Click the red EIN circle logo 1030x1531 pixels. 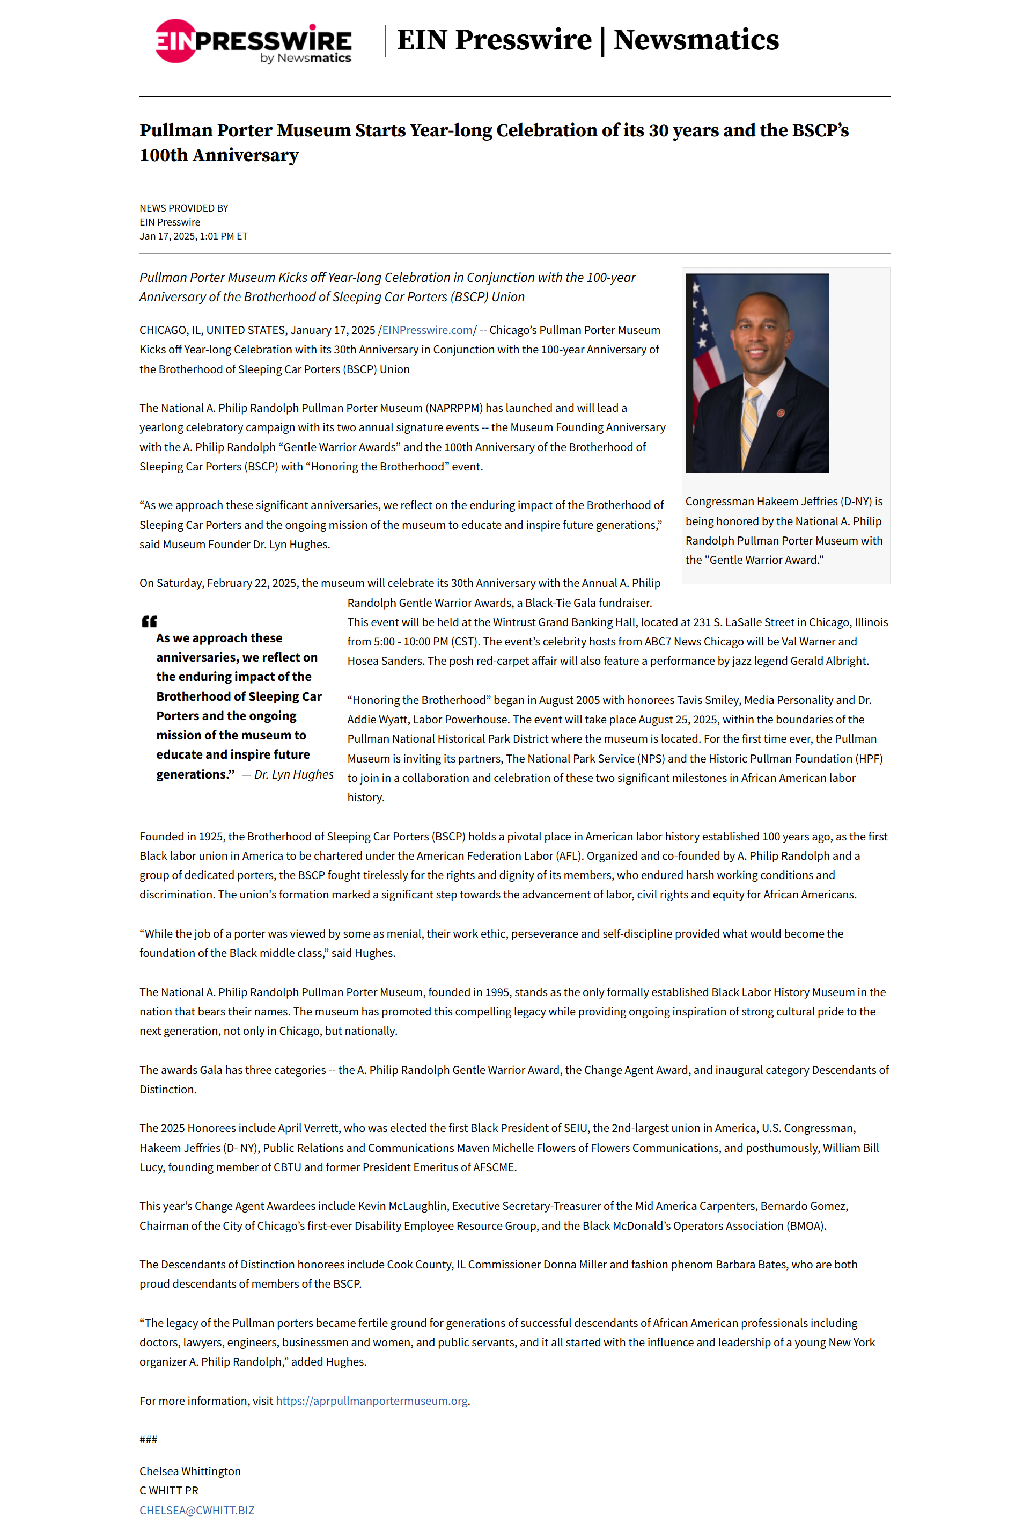coord(175,41)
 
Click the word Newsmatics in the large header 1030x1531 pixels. coord(696,40)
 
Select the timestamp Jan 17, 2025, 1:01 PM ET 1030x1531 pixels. coord(193,236)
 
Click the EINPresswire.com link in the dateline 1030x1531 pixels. coord(427,330)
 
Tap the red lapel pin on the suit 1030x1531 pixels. coord(781,413)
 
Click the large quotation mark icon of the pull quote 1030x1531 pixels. coord(150,621)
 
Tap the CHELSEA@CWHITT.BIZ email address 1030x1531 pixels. coord(196,1510)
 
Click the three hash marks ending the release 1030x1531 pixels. coord(148,1439)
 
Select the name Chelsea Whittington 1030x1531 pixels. coord(190,1471)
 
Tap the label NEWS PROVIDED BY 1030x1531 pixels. coord(184,208)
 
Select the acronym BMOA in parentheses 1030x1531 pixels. coord(805,1225)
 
